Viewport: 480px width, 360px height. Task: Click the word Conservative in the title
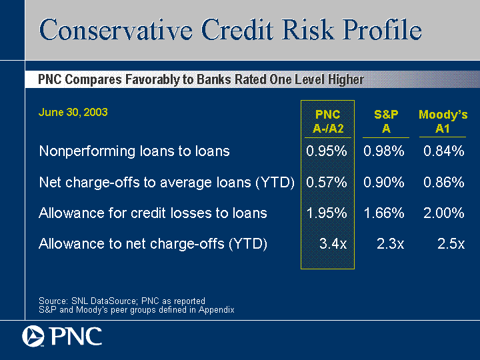click(116, 30)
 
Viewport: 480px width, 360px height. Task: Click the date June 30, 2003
click(73, 112)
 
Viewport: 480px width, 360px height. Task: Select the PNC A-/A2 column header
click(328, 121)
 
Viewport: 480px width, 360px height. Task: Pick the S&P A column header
click(386, 121)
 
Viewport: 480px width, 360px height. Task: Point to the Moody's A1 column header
click(443, 121)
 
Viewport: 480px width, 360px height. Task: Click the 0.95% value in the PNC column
click(327, 151)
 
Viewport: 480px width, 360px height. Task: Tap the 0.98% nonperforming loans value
click(384, 151)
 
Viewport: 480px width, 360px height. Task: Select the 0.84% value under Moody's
click(444, 151)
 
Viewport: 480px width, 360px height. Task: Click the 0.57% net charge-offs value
click(327, 182)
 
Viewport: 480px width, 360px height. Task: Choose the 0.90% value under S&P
click(384, 182)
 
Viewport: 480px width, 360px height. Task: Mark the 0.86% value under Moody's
click(444, 182)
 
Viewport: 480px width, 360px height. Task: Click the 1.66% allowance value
click(384, 213)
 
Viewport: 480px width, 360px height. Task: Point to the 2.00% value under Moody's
click(444, 213)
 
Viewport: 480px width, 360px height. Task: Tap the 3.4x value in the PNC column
click(333, 244)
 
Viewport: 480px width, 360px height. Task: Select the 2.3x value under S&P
click(390, 244)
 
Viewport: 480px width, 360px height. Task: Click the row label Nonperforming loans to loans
click(135, 151)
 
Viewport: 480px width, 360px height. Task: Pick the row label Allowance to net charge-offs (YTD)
click(153, 244)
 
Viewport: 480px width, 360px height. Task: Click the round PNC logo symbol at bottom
click(33, 337)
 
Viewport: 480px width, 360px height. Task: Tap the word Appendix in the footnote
click(217, 310)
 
